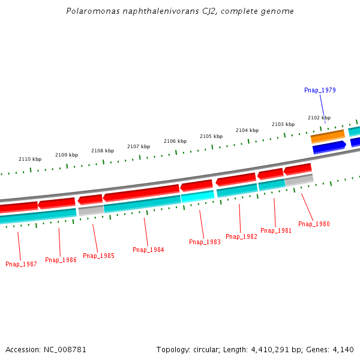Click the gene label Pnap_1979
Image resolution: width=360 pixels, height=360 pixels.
[320, 90]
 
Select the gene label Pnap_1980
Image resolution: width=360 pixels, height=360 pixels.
[314, 224]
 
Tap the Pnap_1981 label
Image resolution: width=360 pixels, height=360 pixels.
[276, 230]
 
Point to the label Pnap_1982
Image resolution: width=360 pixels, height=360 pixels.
[241, 236]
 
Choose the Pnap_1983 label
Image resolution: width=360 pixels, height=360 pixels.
[205, 242]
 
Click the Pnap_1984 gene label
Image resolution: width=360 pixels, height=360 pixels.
[148, 250]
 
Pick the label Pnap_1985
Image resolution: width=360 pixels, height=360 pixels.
[98, 256]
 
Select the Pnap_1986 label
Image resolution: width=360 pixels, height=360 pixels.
[61, 260]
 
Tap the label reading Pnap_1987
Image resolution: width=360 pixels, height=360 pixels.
[21, 264]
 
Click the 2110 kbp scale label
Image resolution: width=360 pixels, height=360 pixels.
[30, 159]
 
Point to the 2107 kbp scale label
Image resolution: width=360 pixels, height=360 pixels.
[139, 146]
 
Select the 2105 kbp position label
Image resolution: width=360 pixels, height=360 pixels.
[211, 136]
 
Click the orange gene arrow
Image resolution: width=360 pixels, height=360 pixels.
[327, 136]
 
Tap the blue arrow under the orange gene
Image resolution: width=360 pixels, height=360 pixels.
[329, 146]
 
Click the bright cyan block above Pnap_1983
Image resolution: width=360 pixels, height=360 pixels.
[197, 196]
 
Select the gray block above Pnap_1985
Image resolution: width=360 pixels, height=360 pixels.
[91, 210]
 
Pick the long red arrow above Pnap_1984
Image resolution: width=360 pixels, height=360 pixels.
[141, 192]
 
